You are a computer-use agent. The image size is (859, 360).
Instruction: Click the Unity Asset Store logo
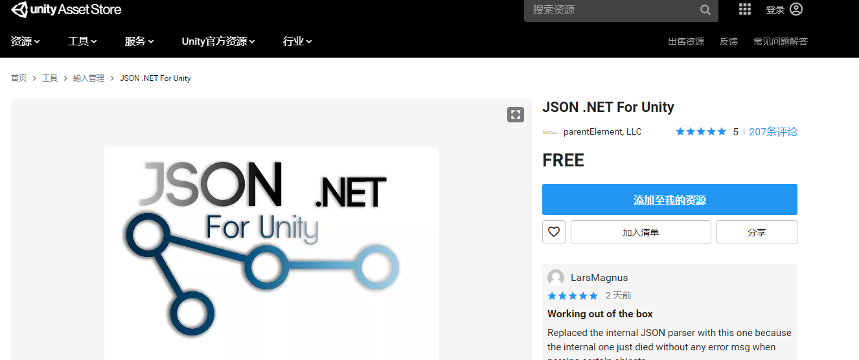click(66, 10)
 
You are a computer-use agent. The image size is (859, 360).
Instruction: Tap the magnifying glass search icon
click(705, 10)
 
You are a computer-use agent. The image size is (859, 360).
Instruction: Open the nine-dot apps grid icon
click(745, 9)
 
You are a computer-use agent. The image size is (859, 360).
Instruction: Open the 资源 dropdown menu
click(25, 41)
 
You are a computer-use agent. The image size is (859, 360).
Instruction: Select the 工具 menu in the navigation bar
click(82, 41)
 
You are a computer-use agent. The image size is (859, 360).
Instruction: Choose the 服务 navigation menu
click(139, 41)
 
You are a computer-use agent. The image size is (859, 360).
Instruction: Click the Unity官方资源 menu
click(218, 41)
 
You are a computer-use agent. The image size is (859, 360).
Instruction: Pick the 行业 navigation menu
click(297, 41)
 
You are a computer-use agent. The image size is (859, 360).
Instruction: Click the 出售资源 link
click(686, 41)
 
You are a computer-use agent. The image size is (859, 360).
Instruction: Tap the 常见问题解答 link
click(781, 41)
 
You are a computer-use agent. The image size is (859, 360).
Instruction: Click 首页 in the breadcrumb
click(19, 78)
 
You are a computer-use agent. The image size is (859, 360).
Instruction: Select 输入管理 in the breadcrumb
click(89, 78)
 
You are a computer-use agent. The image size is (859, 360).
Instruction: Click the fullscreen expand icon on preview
click(516, 115)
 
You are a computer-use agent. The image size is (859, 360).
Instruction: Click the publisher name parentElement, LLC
click(602, 132)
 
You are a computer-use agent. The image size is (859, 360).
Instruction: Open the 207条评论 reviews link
click(773, 132)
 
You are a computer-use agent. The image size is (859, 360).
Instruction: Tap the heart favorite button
click(554, 232)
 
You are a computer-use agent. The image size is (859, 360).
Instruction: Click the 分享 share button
click(757, 232)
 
